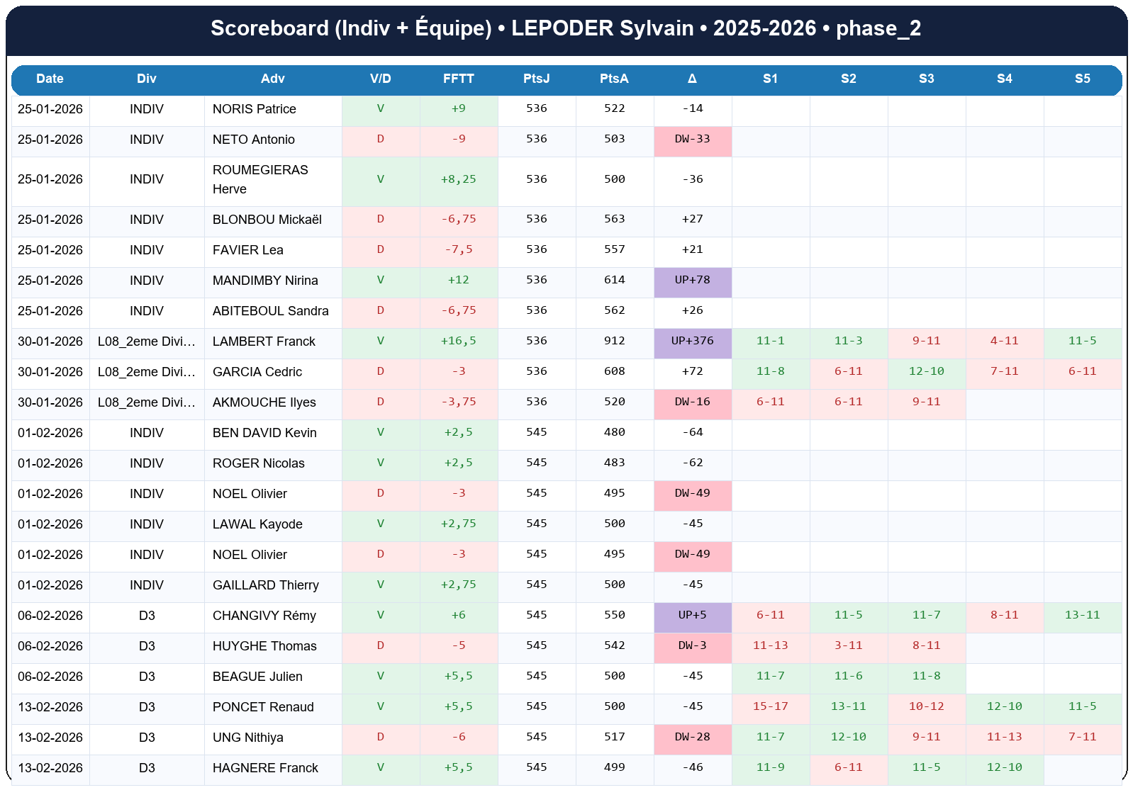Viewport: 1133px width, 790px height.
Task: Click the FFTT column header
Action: point(458,79)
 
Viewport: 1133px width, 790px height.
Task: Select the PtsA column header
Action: point(614,79)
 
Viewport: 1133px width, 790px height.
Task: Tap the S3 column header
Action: point(926,79)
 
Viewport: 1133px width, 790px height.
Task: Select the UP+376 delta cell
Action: point(692,341)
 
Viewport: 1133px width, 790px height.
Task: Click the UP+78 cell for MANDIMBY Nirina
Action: point(692,280)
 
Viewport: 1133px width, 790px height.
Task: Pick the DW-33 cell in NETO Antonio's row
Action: point(692,139)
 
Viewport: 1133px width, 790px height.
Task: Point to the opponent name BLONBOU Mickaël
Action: point(267,220)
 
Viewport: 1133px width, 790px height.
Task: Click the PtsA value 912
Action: point(614,341)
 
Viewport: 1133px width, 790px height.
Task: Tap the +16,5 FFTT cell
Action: point(458,341)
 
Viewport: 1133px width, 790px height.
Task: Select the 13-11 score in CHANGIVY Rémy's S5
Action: point(1082,615)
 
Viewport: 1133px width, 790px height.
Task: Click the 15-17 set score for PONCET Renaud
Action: point(770,706)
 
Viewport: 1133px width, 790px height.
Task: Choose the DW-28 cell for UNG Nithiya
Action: point(692,737)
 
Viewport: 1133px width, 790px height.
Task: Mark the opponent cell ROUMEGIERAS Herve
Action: point(260,179)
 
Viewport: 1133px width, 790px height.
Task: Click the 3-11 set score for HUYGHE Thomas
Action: point(848,645)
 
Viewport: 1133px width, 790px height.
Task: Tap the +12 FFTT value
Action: point(458,280)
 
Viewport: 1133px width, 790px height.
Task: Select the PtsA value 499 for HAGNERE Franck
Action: point(614,767)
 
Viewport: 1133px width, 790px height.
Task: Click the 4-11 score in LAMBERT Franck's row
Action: point(1004,341)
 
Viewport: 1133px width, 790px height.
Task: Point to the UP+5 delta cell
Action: point(692,615)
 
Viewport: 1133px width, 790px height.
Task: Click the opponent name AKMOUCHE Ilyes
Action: point(264,402)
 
